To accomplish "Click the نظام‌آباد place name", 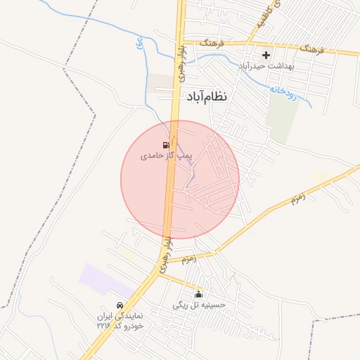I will pyautogui.click(x=207, y=96).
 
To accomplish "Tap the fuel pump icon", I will pyautogui.click(x=166, y=145).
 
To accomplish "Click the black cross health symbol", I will pyautogui.click(x=266, y=55).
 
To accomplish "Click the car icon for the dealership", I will pyautogui.click(x=120, y=306).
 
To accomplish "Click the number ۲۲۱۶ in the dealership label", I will pyautogui.click(x=104, y=326).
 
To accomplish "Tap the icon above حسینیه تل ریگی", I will pyautogui.click(x=199, y=294).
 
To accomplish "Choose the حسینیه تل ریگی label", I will pyautogui.click(x=199, y=305).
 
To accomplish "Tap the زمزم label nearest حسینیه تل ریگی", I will pyautogui.click(x=188, y=259).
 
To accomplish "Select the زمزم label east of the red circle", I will pyautogui.click(x=299, y=200).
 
